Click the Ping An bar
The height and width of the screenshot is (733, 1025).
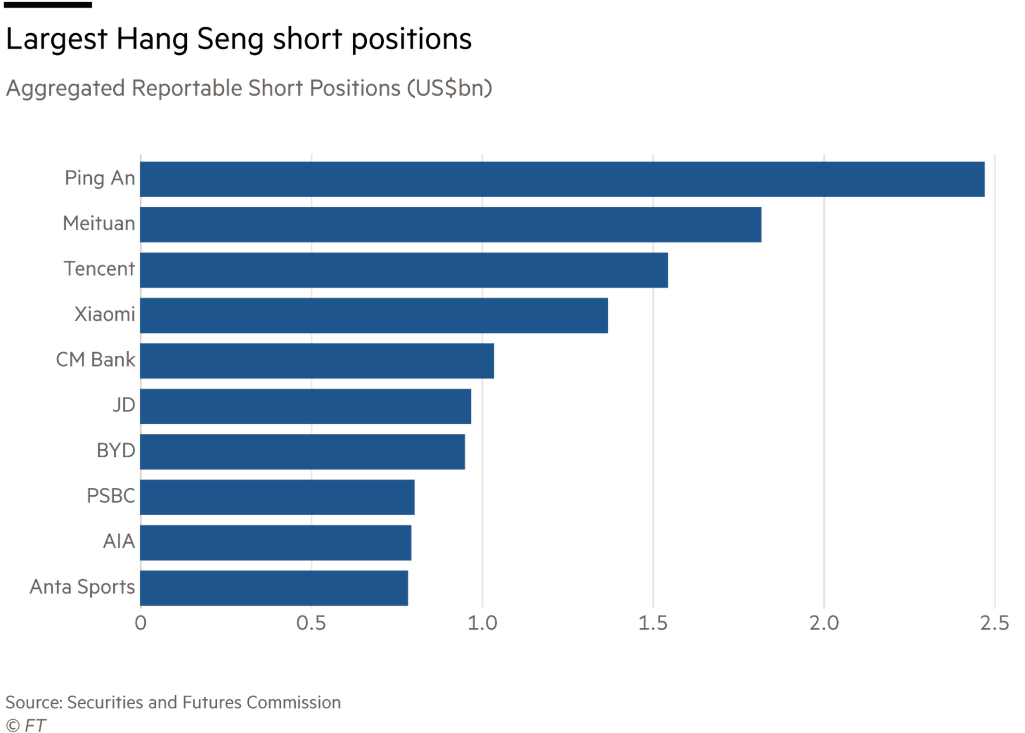[x=563, y=180]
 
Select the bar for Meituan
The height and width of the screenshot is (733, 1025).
[x=451, y=225]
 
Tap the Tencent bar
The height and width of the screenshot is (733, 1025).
[x=405, y=270]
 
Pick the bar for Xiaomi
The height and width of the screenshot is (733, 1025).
[x=374, y=316]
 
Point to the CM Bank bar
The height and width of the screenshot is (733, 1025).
[x=317, y=361]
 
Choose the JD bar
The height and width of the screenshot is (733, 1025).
[x=306, y=407]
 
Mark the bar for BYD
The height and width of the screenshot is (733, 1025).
[x=303, y=452]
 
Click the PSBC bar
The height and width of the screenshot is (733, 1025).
[x=278, y=497]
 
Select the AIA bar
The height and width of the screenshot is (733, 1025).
[x=276, y=543]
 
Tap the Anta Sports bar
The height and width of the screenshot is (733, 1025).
[x=274, y=588]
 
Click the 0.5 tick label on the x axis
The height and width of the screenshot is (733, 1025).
[x=311, y=623]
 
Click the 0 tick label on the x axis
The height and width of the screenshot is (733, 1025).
[x=140, y=623]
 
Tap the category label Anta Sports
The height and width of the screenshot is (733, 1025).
[x=83, y=587]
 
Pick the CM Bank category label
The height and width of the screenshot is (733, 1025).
[x=96, y=360]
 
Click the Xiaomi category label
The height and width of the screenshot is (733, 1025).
[x=105, y=315]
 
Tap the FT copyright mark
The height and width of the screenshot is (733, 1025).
[x=26, y=726]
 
